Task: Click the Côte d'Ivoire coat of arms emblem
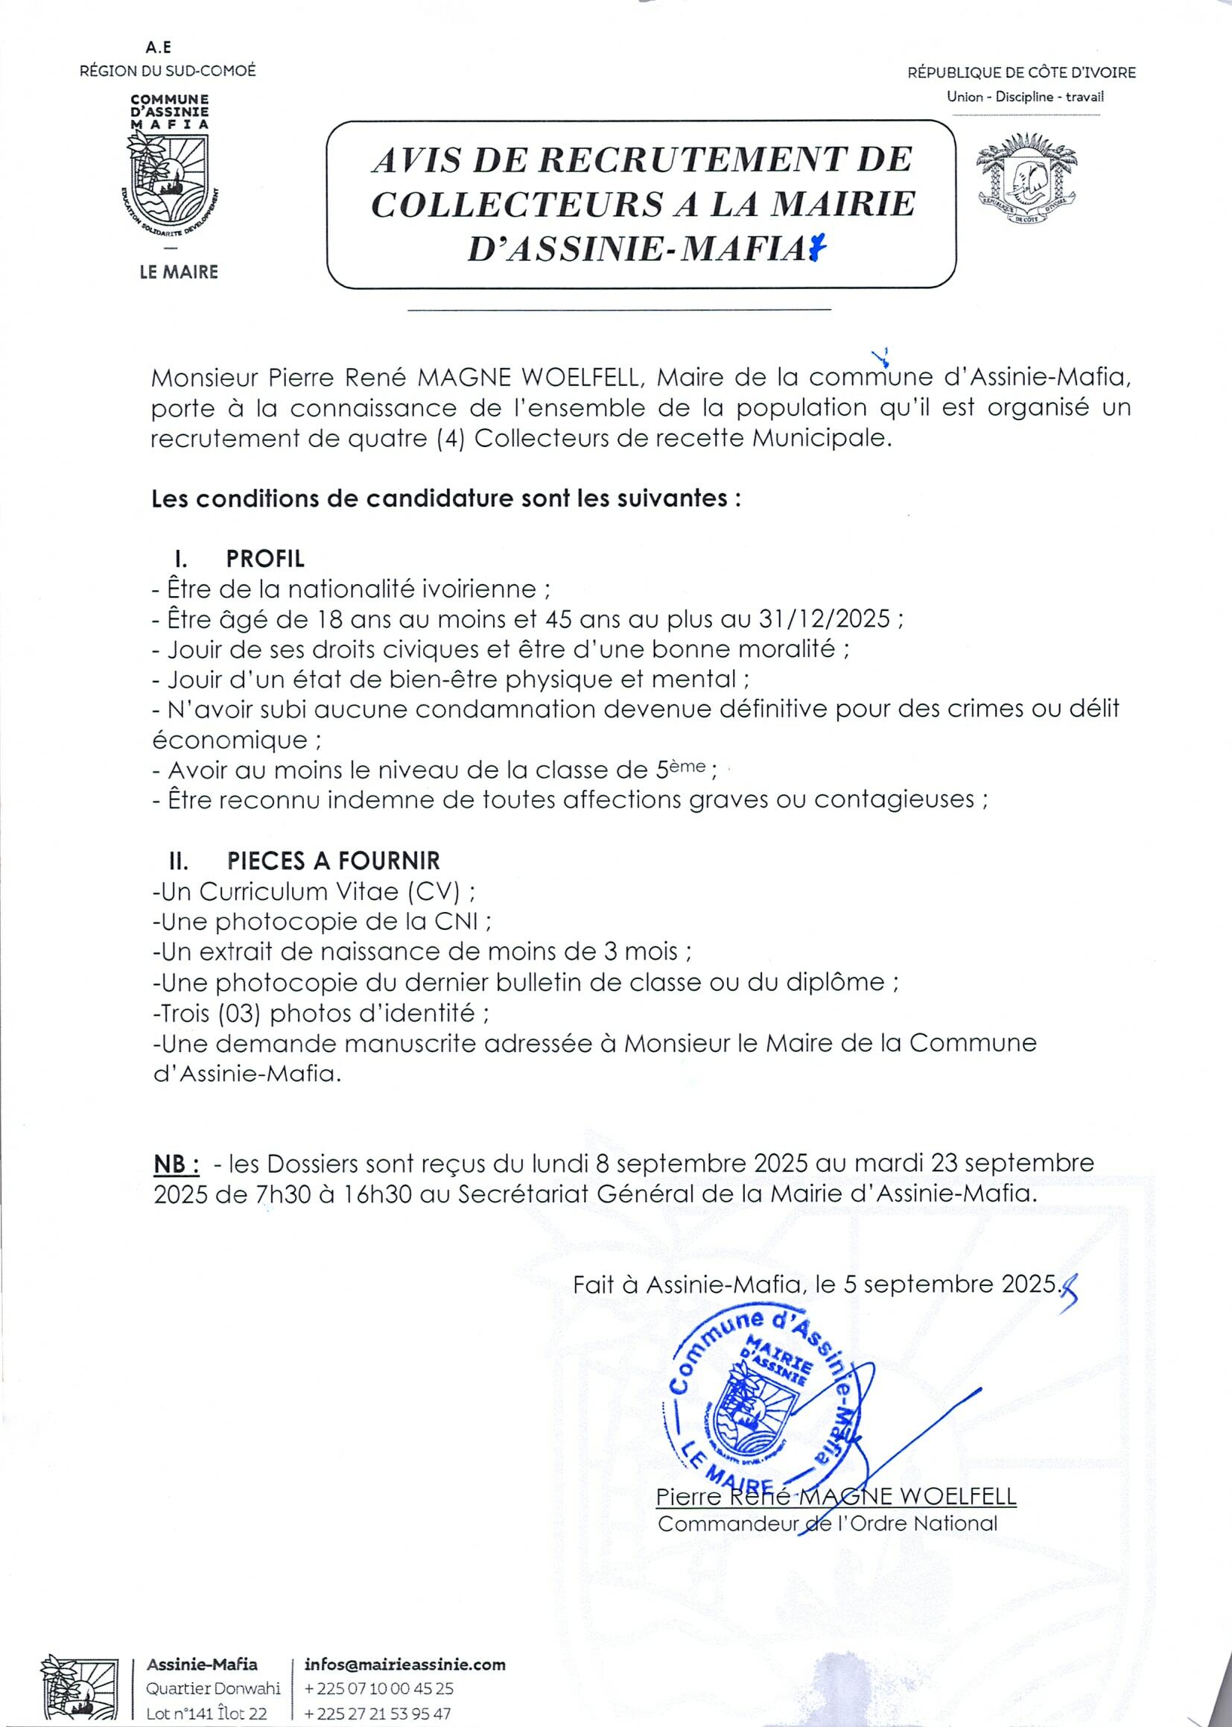click(1027, 178)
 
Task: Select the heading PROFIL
click(264, 560)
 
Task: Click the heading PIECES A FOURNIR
click(333, 861)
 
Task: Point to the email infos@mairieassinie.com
click(405, 1664)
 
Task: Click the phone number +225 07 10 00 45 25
click(378, 1688)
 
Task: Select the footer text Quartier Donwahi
click(214, 1688)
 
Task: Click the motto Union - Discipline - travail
click(1025, 97)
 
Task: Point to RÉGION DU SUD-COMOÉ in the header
click(168, 71)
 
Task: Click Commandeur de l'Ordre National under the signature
click(827, 1523)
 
